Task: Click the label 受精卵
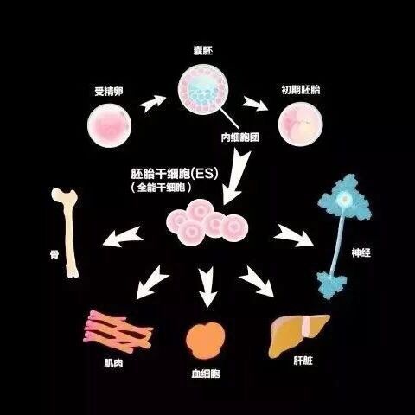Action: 109,92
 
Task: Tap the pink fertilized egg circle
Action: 110,125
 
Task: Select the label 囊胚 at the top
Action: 203,51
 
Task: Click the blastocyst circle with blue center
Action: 203,90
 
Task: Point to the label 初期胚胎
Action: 301,90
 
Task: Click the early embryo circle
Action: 301,124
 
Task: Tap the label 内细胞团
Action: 240,137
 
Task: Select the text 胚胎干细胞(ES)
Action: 175,174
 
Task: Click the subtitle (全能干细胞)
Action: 161,188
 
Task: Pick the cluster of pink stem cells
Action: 207,222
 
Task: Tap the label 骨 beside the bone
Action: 54,254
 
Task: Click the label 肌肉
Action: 113,363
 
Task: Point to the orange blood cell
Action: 206,341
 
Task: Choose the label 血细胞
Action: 206,373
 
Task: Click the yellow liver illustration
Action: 298,335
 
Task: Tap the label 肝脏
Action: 303,361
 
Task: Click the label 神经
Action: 361,252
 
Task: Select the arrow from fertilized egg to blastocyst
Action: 153,103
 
